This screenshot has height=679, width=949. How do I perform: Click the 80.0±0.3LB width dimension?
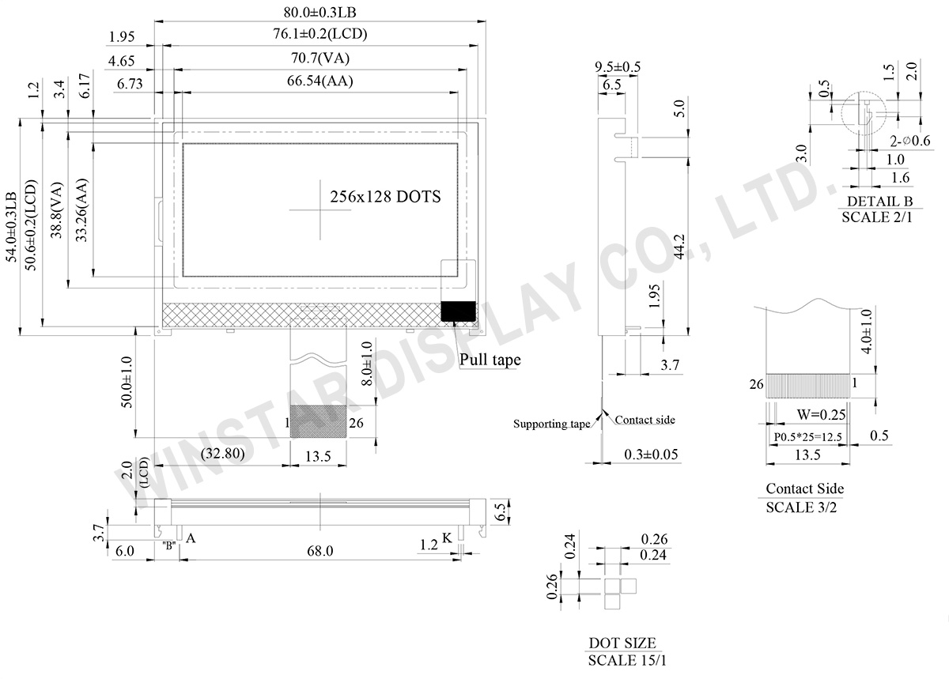319,13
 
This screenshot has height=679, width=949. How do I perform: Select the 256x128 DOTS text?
385,197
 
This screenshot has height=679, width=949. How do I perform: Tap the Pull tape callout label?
490,360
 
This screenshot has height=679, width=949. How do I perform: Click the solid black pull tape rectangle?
458,311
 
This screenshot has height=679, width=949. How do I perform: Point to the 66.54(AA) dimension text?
319,81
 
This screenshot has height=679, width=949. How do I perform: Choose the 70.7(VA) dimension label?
319,58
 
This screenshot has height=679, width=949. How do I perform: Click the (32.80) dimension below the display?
222,453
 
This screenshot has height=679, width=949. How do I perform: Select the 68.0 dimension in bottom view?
319,551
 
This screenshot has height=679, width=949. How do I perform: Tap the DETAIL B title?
879,201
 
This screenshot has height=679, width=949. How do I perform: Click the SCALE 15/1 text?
627,660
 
